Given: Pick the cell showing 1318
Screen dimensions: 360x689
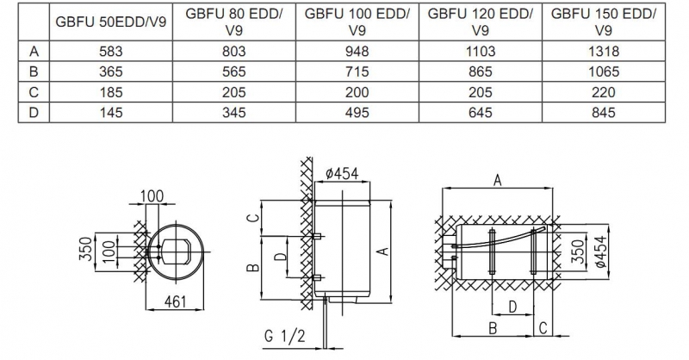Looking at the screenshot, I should pos(602,52).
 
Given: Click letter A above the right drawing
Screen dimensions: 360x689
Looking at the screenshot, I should pos(497,180).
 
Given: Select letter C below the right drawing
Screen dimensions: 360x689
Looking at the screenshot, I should pos(543,328).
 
